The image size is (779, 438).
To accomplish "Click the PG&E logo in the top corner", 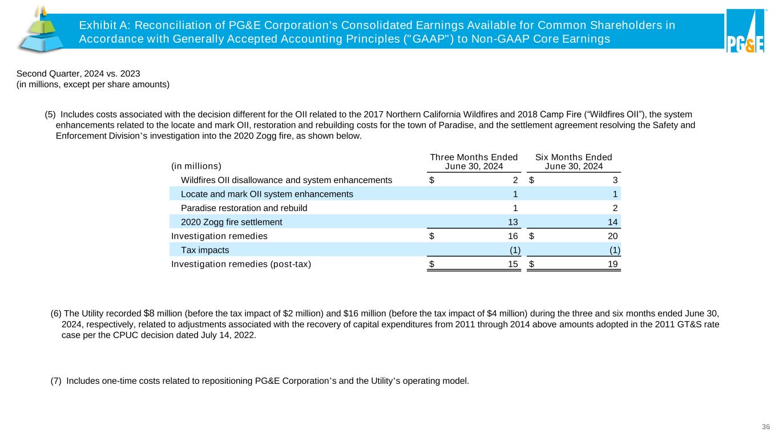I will [745, 31].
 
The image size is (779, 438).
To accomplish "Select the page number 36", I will [766, 427].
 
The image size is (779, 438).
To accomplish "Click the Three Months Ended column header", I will [474, 161].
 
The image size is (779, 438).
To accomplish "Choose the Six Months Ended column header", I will [574, 161].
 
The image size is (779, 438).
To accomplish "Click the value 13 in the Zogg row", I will [512, 222].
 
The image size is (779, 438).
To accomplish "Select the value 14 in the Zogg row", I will [612, 222].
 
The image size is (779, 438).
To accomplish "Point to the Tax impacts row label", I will [205, 250].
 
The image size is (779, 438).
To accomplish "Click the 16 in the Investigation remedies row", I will [512, 236].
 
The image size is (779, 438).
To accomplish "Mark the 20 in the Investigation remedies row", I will [612, 236].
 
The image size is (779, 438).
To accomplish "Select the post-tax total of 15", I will [512, 264].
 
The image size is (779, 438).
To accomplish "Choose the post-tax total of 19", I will [612, 264].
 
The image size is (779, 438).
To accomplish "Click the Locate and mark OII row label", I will [267, 194].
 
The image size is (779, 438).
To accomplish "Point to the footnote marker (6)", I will [56, 313].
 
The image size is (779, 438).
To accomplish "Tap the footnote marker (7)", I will [56, 382].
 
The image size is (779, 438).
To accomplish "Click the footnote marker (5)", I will [50, 114].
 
